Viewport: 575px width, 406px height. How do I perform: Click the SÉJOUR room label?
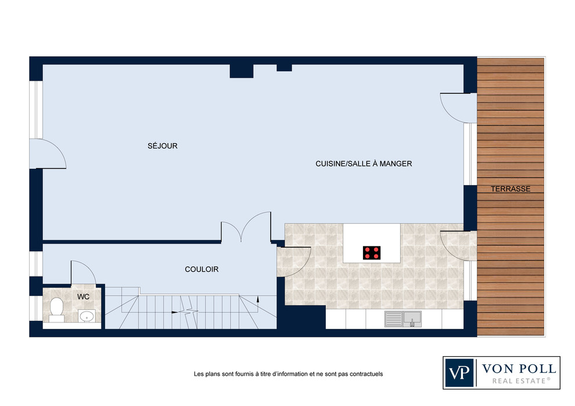tap(163, 146)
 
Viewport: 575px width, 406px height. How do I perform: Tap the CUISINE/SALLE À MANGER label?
tap(364, 164)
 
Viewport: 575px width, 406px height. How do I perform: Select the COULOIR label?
tap(202, 270)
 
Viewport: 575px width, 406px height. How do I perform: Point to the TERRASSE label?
tap(511, 189)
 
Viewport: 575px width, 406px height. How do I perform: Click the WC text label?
tap(83, 296)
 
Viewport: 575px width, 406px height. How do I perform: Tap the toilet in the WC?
tap(56, 309)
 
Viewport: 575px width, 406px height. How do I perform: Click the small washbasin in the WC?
tap(87, 316)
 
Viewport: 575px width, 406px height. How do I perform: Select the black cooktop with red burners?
tap(372, 253)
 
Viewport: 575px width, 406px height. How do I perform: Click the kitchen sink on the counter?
tap(403, 319)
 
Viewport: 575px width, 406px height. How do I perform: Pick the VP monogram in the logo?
tap(459, 373)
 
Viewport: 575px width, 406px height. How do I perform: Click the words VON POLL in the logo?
tap(519, 369)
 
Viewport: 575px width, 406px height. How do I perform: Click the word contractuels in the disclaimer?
tap(366, 374)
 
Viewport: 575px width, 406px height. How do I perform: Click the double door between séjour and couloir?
tap(246, 227)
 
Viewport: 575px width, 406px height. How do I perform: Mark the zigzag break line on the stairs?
tap(189, 312)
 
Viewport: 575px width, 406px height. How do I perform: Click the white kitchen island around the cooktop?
tap(372, 243)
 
